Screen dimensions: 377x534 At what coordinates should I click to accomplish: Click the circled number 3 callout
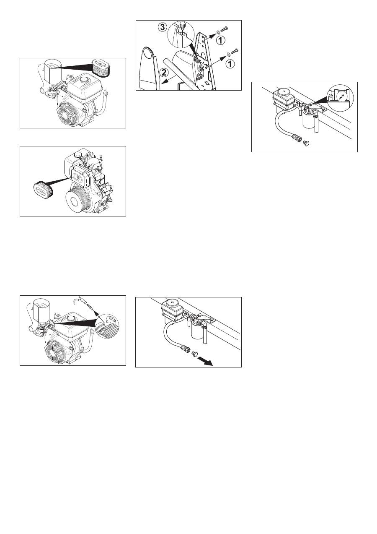pos(163,27)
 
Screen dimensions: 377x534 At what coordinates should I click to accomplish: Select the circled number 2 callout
pos(163,73)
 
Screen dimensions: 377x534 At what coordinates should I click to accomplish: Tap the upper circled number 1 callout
pos(220,40)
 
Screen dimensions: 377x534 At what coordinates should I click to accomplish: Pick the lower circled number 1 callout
pos(230,64)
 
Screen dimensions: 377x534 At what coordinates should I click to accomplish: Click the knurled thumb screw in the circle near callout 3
pos(182,25)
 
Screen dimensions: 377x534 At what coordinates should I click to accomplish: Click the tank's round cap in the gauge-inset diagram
pos(282,91)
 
